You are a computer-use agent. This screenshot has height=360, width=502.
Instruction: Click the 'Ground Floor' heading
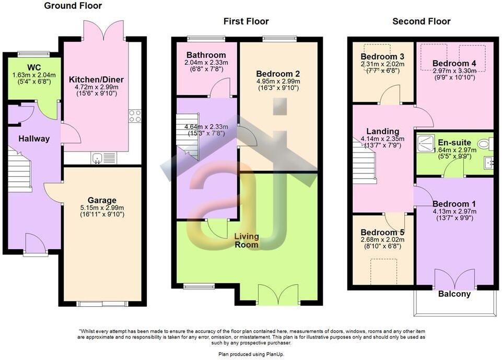point(73,6)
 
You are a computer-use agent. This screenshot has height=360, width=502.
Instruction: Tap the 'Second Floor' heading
point(421,21)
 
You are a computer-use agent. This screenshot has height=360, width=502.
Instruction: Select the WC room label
point(34,67)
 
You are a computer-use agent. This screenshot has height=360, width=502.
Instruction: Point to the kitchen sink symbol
point(97,157)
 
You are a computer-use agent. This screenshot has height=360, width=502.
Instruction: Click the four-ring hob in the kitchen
point(135,115)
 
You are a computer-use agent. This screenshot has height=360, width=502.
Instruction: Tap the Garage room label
point(102,200)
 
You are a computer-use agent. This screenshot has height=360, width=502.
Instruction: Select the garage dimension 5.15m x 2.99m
point(102,207)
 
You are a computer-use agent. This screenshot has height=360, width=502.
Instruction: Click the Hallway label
point(34,138)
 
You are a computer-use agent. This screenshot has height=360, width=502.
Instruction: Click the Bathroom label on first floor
point(206,55)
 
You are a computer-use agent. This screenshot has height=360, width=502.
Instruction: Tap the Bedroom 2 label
point(278,74)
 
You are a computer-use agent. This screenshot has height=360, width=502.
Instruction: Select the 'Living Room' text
point(246,240)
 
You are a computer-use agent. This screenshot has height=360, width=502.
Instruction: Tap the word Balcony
point(454,294)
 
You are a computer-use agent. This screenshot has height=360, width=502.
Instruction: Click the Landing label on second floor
point(382,131)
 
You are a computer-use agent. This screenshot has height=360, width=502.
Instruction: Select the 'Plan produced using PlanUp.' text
point(251,354)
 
